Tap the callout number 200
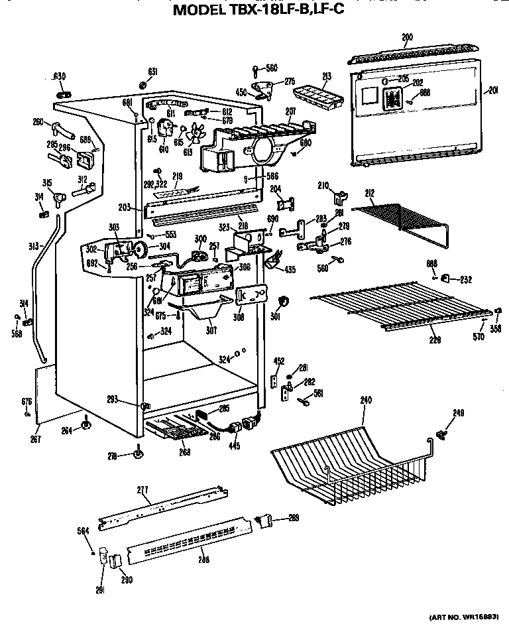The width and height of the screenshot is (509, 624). [407, 37]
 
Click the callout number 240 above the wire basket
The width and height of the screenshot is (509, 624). [365, 400]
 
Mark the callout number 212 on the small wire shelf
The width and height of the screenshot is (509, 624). [370, 194]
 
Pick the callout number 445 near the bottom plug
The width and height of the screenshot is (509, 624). [233, 446]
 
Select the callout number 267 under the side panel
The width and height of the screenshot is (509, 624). [36, 440]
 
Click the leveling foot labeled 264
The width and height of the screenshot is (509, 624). [85, 424]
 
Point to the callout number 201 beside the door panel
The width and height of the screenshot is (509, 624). [492, 90]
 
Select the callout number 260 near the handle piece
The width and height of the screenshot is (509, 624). [38, 121]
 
